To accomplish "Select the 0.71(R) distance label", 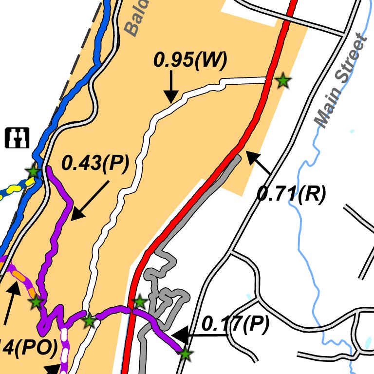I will tap(291, 194).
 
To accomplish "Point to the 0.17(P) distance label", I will tap(235, 325).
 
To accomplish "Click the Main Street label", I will tap(340, 80).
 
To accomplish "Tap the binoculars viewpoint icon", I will tap(18, 137).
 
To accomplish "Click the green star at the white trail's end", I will tap(282, 81).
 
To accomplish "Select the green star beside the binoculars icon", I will tap(33, 171).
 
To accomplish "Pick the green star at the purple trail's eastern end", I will tap(185, 354).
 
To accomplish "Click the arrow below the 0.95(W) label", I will tap(170, 88).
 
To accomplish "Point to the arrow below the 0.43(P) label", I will tap(90, 200).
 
